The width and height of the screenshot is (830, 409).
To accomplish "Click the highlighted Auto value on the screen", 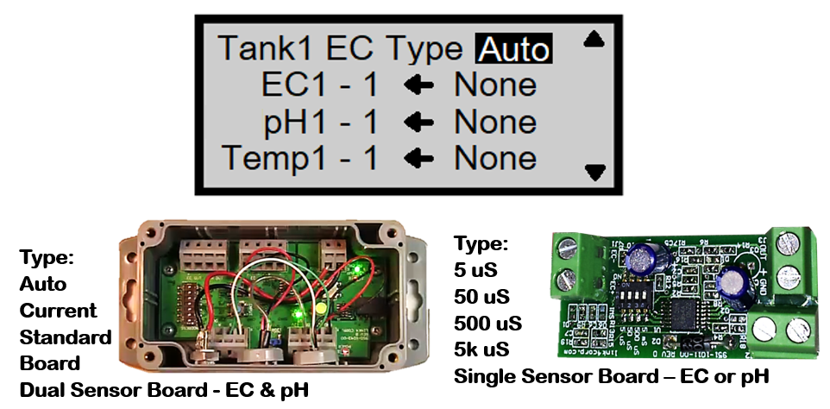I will coord(513,48).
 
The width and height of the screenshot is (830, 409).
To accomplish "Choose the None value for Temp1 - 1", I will coord(495,159).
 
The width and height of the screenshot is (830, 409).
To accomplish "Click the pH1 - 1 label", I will coord(321,123).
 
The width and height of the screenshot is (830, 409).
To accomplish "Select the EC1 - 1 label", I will coord(319,85).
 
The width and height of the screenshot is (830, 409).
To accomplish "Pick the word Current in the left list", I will coord(58,310).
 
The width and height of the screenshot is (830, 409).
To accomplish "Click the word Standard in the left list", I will coord(66,337).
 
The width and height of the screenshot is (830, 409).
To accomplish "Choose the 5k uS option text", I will coord(481,350).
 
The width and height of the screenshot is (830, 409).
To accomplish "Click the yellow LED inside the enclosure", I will coord(320,308).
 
